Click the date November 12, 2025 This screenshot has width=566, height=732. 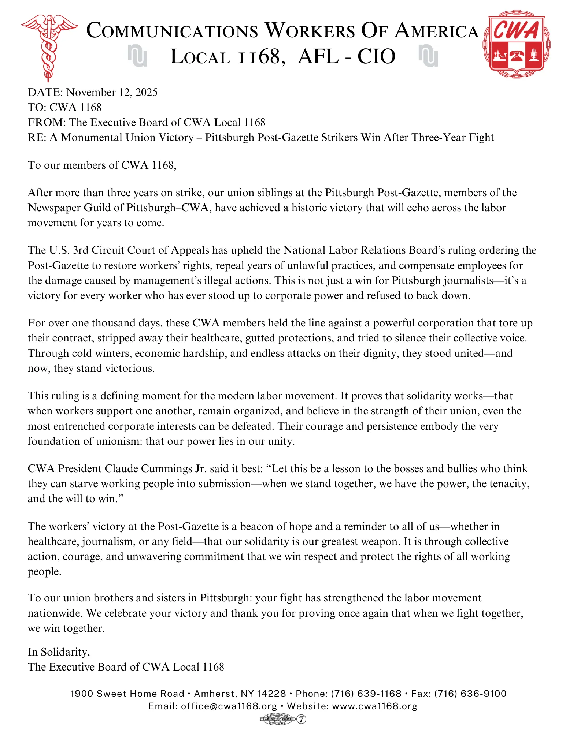(x=112, y=92)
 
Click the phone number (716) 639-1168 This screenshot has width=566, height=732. (x=366, y=694)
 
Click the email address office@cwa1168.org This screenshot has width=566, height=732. (x=229, y=706)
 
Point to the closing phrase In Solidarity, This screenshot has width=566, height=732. (x=59, y=652)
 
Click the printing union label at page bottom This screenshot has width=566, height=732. (x=277, y=719)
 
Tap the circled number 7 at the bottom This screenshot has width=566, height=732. (x=301, y=719)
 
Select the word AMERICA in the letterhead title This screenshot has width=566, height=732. (x=437, y=31)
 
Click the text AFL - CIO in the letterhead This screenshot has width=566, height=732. (x=347, y=57)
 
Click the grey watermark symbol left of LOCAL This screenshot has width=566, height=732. (x=137, y=56)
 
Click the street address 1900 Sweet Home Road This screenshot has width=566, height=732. (x=127, y=694)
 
